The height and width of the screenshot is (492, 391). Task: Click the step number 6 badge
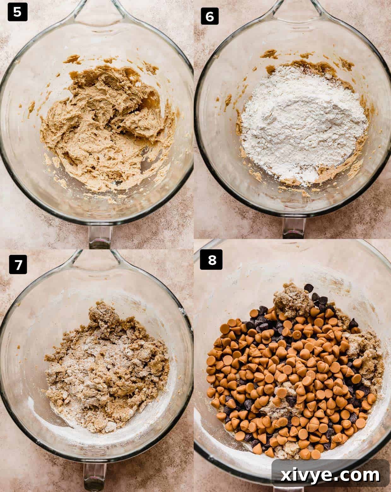click(209, 16)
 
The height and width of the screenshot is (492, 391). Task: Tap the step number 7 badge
click(18, 265)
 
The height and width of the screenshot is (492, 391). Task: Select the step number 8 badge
click(212, 260)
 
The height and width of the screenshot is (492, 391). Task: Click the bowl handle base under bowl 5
click(100, 235)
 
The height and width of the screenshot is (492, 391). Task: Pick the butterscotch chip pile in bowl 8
click(284, 372)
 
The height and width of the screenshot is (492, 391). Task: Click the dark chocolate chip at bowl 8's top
click(309, 287)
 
